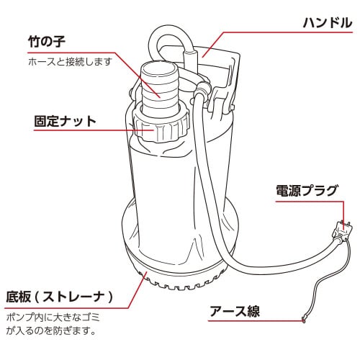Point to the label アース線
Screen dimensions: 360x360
coord(234,312)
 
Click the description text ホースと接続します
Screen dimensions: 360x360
coord(69,62)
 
